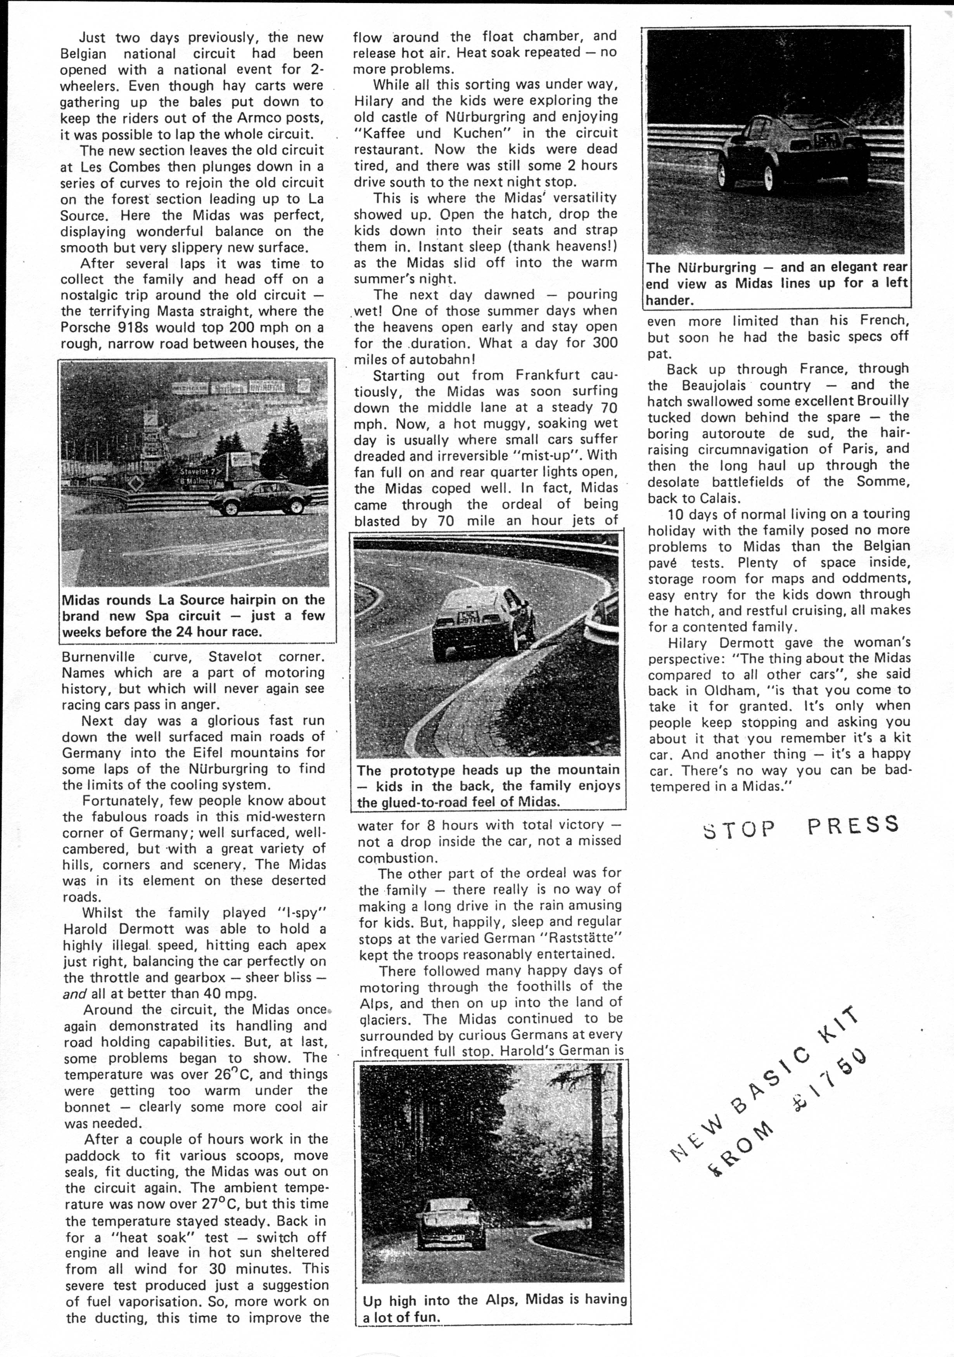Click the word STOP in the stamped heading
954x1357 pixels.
[x=738, y=829]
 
